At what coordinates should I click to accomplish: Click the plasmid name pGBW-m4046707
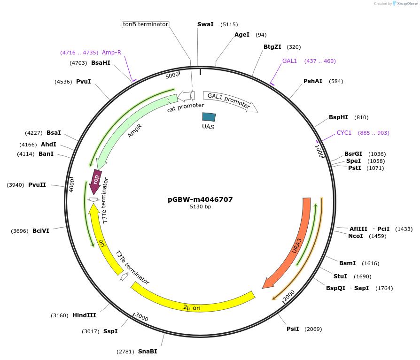pos(200,199)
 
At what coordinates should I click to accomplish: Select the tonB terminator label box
pos(145,24)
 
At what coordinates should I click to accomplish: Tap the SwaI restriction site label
pos(205,24)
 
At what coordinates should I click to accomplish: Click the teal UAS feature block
pos(209,117)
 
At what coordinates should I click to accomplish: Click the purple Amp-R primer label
pos(111,53)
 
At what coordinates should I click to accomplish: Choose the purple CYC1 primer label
pos(344,133)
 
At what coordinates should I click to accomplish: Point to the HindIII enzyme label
pos(84,315)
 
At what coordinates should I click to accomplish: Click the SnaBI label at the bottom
pos(148,352)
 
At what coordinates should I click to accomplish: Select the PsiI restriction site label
pos(293,329)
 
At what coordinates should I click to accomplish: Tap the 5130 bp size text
pos(200,207)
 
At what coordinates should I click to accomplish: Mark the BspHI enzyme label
pos(339,117)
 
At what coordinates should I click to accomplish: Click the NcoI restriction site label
pos(356,236)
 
